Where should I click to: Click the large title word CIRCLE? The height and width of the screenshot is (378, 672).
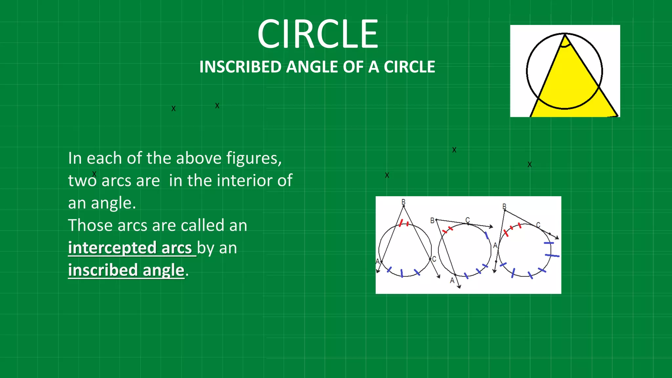318,34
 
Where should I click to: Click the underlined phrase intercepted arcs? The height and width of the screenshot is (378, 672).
130,248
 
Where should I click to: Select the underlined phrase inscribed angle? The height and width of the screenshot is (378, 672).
126,270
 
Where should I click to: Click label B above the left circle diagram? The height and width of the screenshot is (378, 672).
403,201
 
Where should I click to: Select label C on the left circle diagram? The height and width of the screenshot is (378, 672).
434,259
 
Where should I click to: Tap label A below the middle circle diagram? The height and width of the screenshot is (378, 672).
452,281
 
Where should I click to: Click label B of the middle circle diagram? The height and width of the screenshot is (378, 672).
432,220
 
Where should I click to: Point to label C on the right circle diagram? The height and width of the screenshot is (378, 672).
538,225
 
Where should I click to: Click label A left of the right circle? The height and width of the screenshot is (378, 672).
495,245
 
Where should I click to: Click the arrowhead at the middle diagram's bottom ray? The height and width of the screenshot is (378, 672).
459,287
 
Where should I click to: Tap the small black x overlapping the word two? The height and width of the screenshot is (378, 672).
94,174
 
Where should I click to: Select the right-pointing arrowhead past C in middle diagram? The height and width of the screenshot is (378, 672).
491,227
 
